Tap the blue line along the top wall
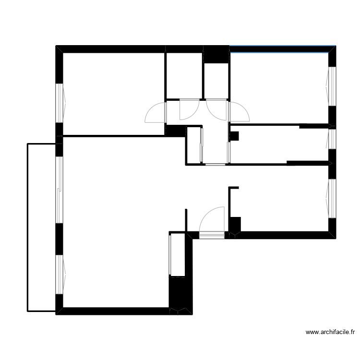pyautogui.click(x=282, y=46)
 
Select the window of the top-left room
pyautogui.click(x=60, y=103)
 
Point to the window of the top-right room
pyautogui.click(x=332, y=85)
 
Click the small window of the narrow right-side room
pyautogui.click(x=332, y=139)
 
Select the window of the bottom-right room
pyautogui.click(x=332, y=198)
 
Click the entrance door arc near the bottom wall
pyautogui.click(x=212, y=218)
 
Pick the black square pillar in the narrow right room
pyautogui.click(x=234, y=136)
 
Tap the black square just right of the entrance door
pyautogui.click(x=235, y=224)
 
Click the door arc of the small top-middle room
pyautogui.click(x=186, y=110)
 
